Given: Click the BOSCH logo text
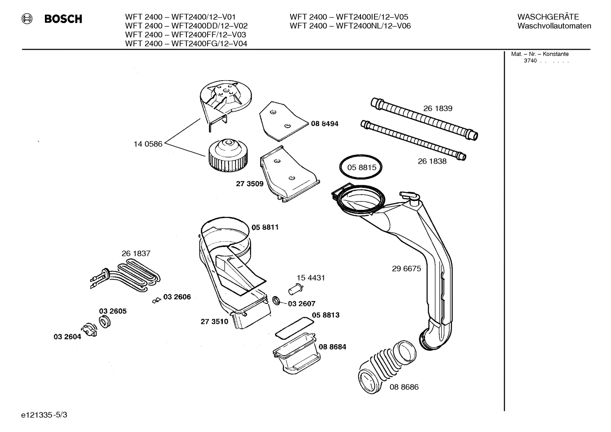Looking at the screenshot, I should point(63,19).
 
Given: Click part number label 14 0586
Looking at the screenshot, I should point(148,144).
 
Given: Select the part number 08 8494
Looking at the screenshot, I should point(325,124).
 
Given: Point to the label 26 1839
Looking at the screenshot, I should point(438,109).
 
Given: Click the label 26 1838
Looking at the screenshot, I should point(432,161).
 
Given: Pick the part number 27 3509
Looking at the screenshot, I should point(250,184).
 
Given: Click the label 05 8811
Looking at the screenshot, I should point(265,227).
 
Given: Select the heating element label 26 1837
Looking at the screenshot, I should point(136,254).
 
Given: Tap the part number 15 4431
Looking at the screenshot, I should point(311,278).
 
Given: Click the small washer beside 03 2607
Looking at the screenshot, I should point(276,301).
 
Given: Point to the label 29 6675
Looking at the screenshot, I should point(406,269).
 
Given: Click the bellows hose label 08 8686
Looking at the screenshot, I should point(404,387).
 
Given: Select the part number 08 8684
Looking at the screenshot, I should point(332,347).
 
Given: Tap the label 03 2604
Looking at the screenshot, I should point(67,337).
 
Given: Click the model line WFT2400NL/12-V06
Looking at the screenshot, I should point(350,26).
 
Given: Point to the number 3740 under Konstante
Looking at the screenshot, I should point(530,61).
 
